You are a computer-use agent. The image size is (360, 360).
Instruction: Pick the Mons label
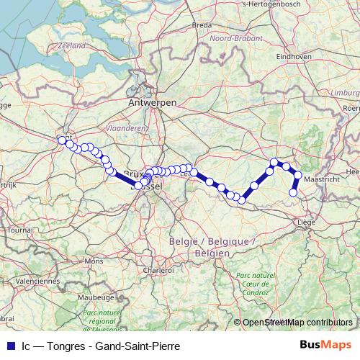click(94, 261)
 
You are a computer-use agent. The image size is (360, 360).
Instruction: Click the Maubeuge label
click(92, 296)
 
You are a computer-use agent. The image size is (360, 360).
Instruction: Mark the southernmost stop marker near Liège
click(293, 192)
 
